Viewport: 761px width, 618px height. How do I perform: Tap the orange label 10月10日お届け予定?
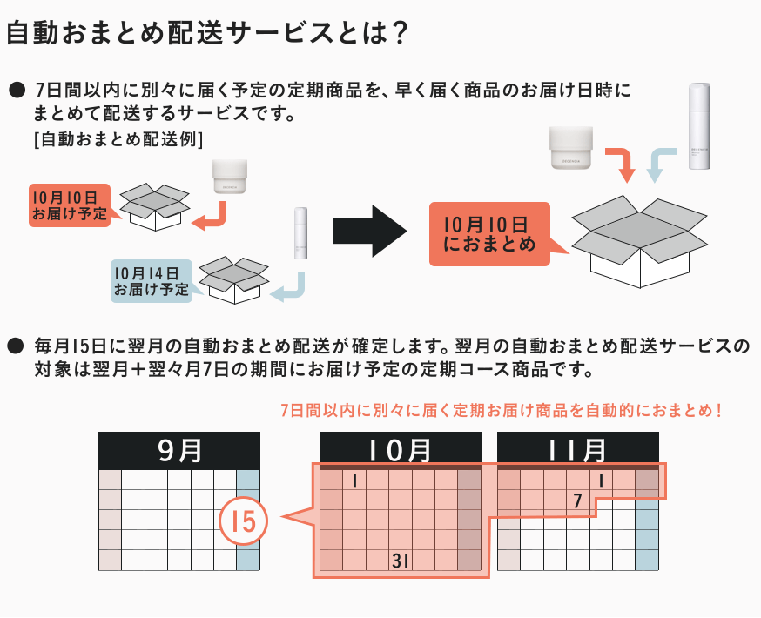click(x=70, y=205)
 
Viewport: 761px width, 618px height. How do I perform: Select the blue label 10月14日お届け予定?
click(x=152, y=280)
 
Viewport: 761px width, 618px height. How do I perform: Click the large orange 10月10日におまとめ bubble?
click(x=490, y=233)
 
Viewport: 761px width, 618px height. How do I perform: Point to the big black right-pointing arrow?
click(x=370, y=232)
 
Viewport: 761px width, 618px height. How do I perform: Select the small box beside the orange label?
click(x=154, y=206)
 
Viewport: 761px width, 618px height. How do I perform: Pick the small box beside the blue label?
click(x=232, y=279)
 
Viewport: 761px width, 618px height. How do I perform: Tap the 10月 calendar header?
click(x=401, y=449)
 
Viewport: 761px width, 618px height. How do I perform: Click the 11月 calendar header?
click(x=577, y=449)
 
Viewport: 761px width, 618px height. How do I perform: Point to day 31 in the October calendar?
click(x=401, y=561)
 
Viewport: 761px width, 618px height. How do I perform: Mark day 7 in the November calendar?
click(x=577, y=500)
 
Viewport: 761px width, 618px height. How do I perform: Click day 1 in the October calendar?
click(x=355, y=480)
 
